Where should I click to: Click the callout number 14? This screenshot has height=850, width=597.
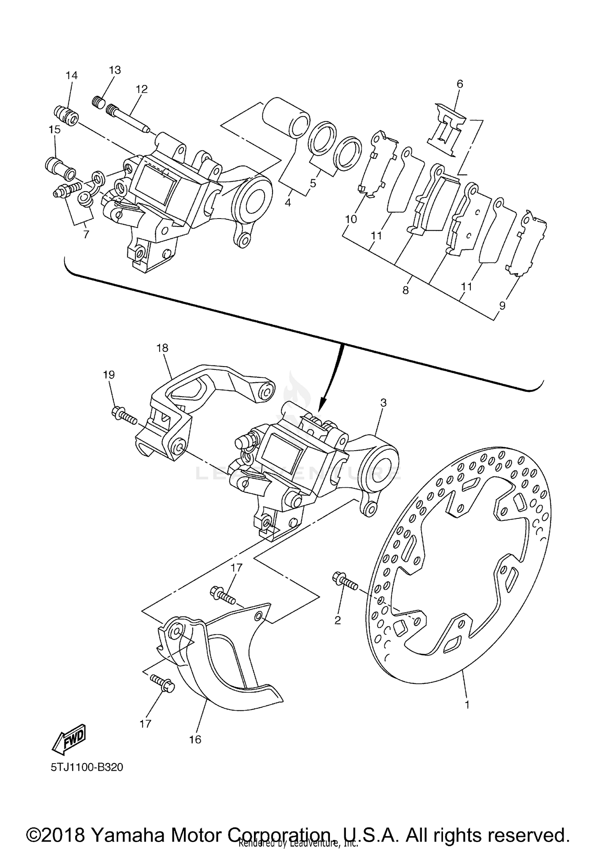click(x=72, y=75)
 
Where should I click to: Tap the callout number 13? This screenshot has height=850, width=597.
click(x=115, y=70)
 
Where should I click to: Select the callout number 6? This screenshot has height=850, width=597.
click(x=460, y=84)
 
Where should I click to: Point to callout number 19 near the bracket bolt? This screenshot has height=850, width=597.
click(x=109, y=375)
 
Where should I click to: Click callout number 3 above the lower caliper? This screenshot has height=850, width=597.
click(x=383, y=403)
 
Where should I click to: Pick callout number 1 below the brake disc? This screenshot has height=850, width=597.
click(x=467, y=705)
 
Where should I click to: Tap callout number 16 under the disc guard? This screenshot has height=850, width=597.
click(x=195, y=739)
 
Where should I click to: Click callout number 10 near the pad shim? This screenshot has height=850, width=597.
click(x=351, y=219)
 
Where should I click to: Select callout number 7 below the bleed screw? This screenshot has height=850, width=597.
click(x=86, y=234)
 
